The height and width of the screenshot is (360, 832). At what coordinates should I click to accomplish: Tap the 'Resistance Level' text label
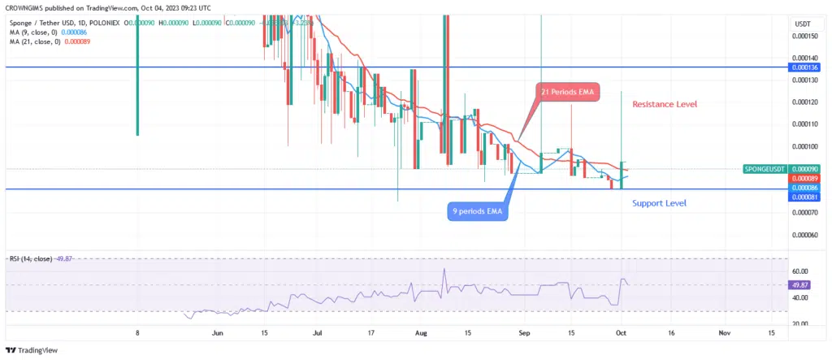[665, 104]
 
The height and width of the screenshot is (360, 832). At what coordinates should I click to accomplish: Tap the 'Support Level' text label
[659, 202]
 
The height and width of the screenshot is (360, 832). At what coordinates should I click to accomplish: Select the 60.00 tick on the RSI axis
[801, 271]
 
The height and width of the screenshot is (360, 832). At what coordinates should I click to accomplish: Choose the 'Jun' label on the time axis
[217, 333]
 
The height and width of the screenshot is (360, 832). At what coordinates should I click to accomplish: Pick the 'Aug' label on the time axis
[420, 333]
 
